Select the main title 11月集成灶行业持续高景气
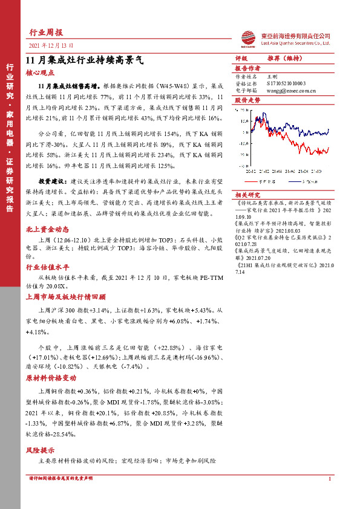pyautogui.click(x=84, y=60)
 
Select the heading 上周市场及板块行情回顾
pyautogui.click(x=65, y=297)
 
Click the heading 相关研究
pyautogui.click(x=247, y=195)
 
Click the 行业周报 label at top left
pyautogui.click(x=47, y=32)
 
